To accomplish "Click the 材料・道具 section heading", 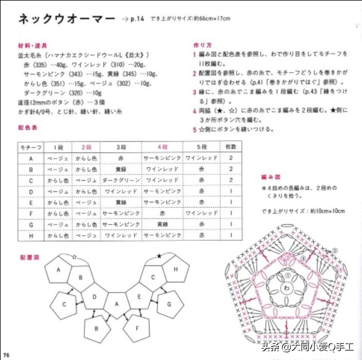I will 33,44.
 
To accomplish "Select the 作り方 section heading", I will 203,44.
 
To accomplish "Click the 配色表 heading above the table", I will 28,128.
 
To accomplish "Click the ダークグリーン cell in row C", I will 121,181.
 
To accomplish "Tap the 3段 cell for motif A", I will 121,158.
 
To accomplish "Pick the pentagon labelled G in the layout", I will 167,304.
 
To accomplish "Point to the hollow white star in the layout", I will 74,257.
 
